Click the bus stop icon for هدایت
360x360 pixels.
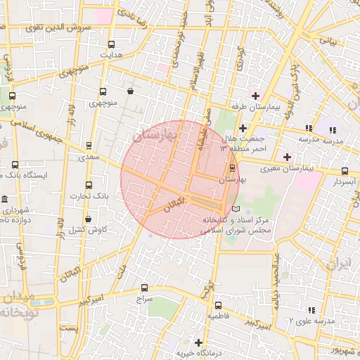[x=112, y=44]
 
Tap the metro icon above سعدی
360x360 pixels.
[x=88, y=146]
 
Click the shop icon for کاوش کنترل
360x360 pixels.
[x=87, y=219]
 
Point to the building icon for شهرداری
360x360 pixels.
[x=6, y=200]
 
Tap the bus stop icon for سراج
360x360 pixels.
[x=144, y=288]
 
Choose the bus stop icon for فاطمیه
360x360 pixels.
[x=217, y=305]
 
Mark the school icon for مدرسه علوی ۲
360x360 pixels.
[x=310, y=309]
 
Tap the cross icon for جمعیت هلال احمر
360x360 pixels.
[x=243, y=128]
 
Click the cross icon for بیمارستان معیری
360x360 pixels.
[x=286, y=157]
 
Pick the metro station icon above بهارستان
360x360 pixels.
[x=232, y=167]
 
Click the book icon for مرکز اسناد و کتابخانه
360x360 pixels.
[x=236, y=209]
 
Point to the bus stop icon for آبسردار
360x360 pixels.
[x=344, y=171]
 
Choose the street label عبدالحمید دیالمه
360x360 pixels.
[x=276, y=278]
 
